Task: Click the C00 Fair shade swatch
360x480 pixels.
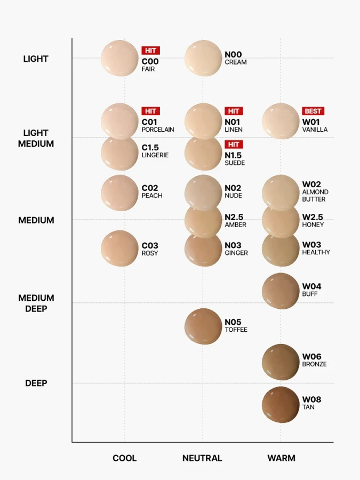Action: coord(119,58)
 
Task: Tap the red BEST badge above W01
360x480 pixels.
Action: coord(313,111)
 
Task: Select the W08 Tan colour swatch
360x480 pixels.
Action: coord(281,404)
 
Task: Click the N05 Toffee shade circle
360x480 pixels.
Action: coord(203,326)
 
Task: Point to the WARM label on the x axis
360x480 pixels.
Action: coord(281,458)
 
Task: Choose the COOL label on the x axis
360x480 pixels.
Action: coord(124,458)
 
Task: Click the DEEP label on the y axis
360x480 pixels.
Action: coord(36,383)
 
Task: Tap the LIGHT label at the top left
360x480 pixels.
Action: coord(36,59)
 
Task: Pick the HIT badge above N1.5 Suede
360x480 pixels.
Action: coord(234,145)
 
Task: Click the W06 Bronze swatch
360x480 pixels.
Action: coord(281,362)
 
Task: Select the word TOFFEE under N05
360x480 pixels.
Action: coord(236,330)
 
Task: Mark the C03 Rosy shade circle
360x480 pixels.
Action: coord(119,248)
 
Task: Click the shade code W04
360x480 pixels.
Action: coord(311,286)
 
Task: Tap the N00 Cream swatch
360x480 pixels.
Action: coord(203,58)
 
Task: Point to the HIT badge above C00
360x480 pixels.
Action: coord(150,50)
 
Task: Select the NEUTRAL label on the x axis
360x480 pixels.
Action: coord(202,458)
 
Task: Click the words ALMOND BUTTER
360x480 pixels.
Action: coord(315,196)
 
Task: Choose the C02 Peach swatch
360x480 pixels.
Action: coord(119,193)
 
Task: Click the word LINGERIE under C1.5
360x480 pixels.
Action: coord(155,155)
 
